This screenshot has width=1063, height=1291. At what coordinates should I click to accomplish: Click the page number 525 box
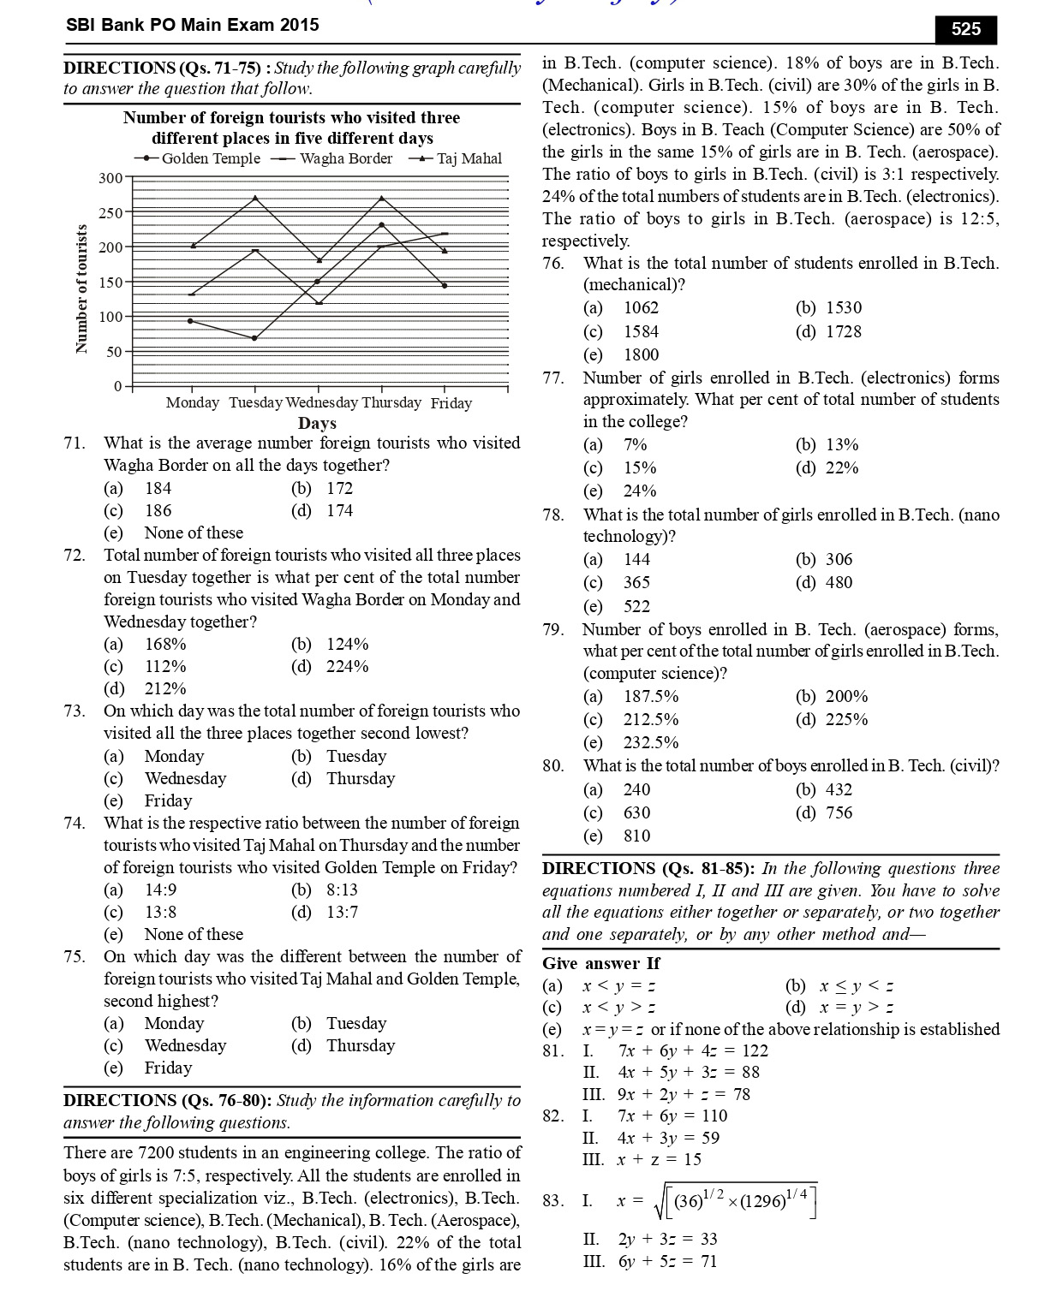point(965,29)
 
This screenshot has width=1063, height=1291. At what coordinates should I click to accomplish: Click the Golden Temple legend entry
point(198,158)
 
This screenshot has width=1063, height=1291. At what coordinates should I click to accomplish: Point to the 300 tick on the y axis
point(110,178)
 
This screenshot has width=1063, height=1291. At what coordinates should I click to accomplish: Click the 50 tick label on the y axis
point(114,352)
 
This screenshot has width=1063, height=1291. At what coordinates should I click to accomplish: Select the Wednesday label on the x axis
point(321,402)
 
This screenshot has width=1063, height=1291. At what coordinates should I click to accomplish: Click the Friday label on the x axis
point(451,403)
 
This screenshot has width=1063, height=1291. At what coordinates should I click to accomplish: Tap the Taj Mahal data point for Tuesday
point(255,198)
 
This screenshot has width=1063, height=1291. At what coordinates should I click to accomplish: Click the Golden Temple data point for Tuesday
point(254,338)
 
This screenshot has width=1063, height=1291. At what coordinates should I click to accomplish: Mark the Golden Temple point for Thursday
point(381,224)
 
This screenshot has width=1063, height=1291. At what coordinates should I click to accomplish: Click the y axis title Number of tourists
point(81,289)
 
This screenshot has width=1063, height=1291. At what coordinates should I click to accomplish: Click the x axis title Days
point(317,423)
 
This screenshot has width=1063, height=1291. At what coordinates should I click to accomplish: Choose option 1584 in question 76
point(641,331)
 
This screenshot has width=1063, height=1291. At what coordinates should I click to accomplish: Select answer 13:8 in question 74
point(160,912)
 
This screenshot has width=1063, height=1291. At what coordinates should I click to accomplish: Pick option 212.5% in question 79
point(650,719)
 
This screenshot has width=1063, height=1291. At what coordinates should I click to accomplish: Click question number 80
point(552,766)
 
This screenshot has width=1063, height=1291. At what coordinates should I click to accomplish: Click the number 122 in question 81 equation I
point(752,1050)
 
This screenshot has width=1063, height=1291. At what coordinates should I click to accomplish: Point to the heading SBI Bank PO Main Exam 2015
point(192,25)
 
